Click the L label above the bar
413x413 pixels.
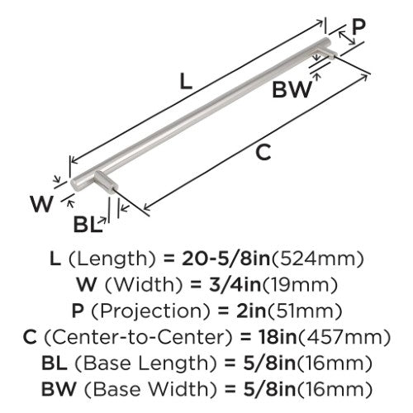pyautogui.click(x=186, y=81)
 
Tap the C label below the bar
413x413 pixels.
pyautogui.click(x=263, y=152)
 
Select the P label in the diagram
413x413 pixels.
pyautogui.click(x=359, y=27)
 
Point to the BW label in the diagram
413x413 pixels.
pyautogui.click(x=292, y=90)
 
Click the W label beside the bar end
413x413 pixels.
pyautogui.click(x=41, y=204)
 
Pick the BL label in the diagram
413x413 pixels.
pyautogui.click(x=86, y=225)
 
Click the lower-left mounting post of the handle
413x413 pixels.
pyautogui.click(x=106, y=181)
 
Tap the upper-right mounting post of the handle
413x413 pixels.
pyautogui.click(x=328, y=52)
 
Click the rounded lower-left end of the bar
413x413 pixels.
pyautogui.click(x=76, y=183)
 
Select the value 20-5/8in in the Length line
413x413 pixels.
pyautogui.click(x=225, y=259)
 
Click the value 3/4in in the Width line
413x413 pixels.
pyautogui.click(x=235, y=285)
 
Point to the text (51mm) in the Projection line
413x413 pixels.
pyautogui.click(x=304, y=311)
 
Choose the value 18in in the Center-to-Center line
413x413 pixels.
pyautogui.click(x=278, y=337)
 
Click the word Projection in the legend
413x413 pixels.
pyautogui.click(x=150, y=311)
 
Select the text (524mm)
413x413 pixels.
pyautogui.click(x=317, y=259)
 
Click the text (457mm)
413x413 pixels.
pyautogui.click(x=344, y=337)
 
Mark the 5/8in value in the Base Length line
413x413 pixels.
pyautogui.click(x=269, y=363)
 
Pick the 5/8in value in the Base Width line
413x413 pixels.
pyautogui.click(x=269, y=388)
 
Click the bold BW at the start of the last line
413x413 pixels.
pyautogui.click(x=59, y=388)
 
